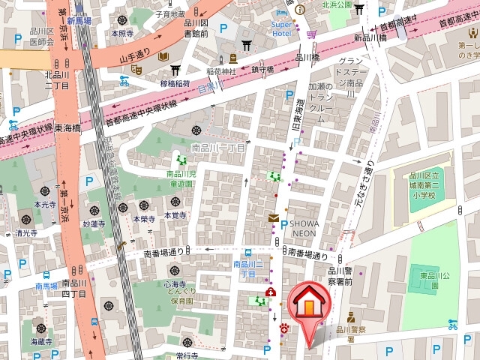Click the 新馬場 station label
tap(78, 21)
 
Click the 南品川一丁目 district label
tap(218, 148)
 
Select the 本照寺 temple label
tap(121, 33)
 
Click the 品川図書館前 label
tap(200, 28)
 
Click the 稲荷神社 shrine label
tap(222, 72)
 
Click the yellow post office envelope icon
tap(274, 218)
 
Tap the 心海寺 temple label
tap(174, 285)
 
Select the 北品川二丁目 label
tap(58, 79)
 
